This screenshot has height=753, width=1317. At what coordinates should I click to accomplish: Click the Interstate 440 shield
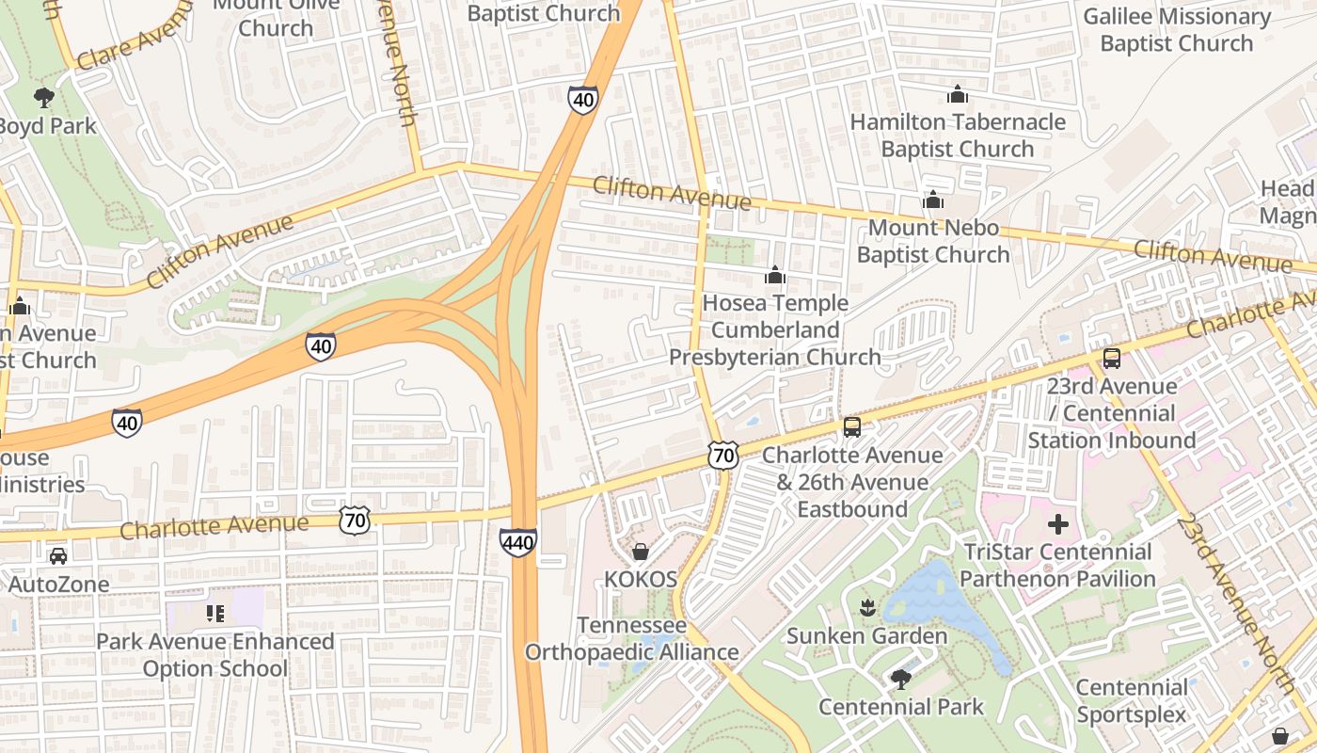pyautogui.click(x=518, y=541)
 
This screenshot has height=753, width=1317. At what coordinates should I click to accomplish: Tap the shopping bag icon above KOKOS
pyautogui.click(x=641, y=552)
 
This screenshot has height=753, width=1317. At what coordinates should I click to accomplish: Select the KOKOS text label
pyautogui.click(x=641, y=579)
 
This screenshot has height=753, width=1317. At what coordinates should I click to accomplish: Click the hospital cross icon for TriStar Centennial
pyautogui.click(x=1058, y=523)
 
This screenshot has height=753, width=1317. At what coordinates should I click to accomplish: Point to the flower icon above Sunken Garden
pyautogui.click(x=867, y=608)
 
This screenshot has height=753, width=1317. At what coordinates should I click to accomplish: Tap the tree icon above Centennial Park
pyautogui.click(x=901, y=679)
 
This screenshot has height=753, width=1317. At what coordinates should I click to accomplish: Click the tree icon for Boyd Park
pyautogui.click(x=43, y=97)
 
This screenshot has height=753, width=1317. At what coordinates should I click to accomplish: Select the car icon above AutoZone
pyautogui.click(x=58, y=556)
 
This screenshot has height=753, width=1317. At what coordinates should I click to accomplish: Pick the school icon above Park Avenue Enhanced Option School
pyautogui.click(x=215, y=614)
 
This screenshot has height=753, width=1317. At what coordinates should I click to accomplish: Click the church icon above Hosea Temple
pyautogui.click(x=775, y=275)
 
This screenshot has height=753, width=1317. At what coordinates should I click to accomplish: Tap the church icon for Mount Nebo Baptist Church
pyautogui.click(x=933, y=200)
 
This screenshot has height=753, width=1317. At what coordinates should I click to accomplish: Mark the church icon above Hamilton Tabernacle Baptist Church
pyautogui.click(x=958, y=94)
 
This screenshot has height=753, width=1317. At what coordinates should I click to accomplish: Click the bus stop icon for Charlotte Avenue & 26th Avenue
pyautogui.click(x=852, y=427)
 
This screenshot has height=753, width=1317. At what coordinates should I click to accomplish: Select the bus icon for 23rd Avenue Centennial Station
pyautogui.click(x=1112, y=359)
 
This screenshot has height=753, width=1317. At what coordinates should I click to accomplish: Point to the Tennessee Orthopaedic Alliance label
pyautogui.click(x=631, y=639)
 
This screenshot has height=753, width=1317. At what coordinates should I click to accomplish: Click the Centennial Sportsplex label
pyautogui.click(x=1132, y=701)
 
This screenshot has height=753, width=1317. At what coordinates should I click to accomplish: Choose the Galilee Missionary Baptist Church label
pyautogui.click(x=1176, y=30)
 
